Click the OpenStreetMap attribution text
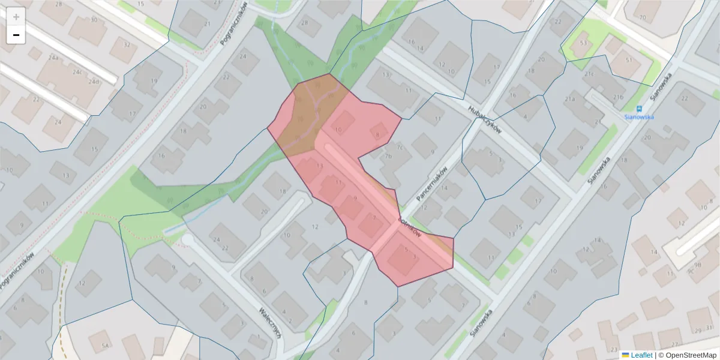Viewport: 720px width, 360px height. (x=691, y=355)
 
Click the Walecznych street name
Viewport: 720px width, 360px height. (x=271, y=324)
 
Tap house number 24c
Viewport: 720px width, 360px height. (x=77, y=72)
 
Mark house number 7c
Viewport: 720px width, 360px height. (x=400, y=147)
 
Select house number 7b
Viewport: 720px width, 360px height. (x=388, y=157)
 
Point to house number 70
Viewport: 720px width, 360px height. (x=643, y=17)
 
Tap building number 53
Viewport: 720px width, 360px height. (x=583, y=43)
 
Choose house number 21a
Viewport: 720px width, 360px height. (x=569, y=98)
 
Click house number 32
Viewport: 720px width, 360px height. (x=127, y=44)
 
